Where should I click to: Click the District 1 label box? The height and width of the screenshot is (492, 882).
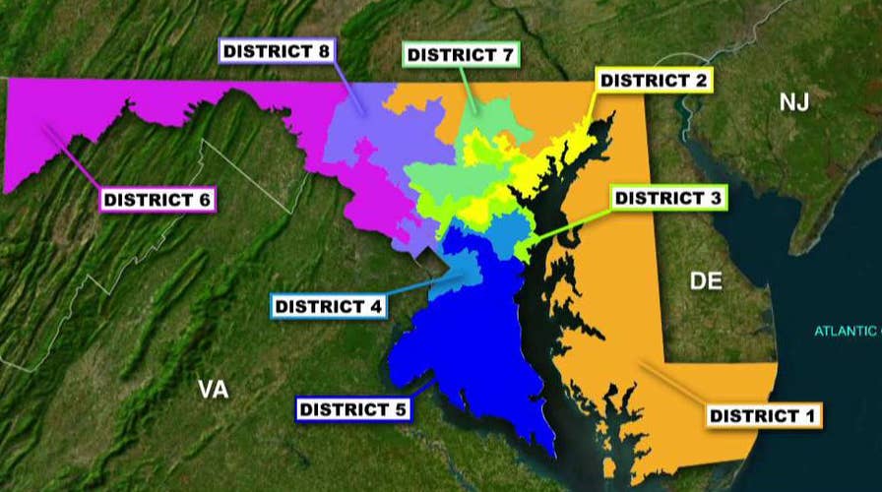point(764,415)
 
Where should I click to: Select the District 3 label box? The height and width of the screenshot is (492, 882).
point(668,199)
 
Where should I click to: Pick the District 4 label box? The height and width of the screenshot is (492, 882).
point(329,306)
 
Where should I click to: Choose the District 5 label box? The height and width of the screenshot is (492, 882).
point(352,409)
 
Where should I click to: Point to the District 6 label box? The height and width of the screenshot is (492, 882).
point(157,200)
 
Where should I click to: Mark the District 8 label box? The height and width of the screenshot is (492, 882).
point(276,50)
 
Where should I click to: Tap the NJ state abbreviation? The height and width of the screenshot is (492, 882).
point(793,100)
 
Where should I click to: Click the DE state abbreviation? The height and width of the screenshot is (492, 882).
point(706,281)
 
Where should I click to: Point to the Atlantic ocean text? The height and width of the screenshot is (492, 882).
point(848,331)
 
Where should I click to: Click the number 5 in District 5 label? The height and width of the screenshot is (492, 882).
point(401,409)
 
